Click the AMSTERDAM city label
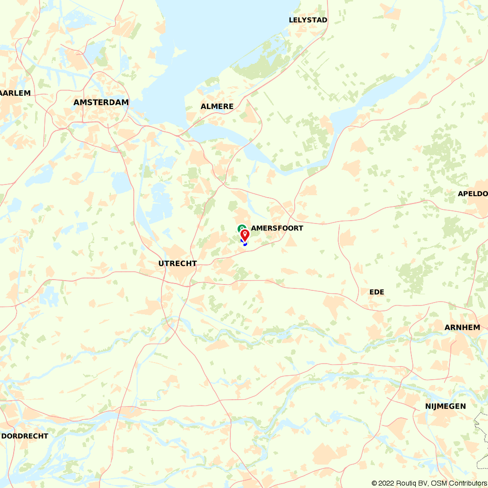tap(101, 102)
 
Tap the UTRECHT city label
tap(177, 264)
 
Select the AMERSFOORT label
tap(277, 228)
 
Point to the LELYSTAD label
tap(308, 20)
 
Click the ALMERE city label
tap(217, 106)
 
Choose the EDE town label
tap(377, 292)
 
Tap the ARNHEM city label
tap(462, 327)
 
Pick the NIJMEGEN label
tap(445, 407)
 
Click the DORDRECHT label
tap(25, 436)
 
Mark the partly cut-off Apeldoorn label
tap(473, 194)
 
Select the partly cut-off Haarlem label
tap(16, 93)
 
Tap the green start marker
tap(241, 227)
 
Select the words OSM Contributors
tap(458, 483)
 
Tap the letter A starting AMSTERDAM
tap(77, 102)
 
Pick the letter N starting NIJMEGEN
tap(427, 407)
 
